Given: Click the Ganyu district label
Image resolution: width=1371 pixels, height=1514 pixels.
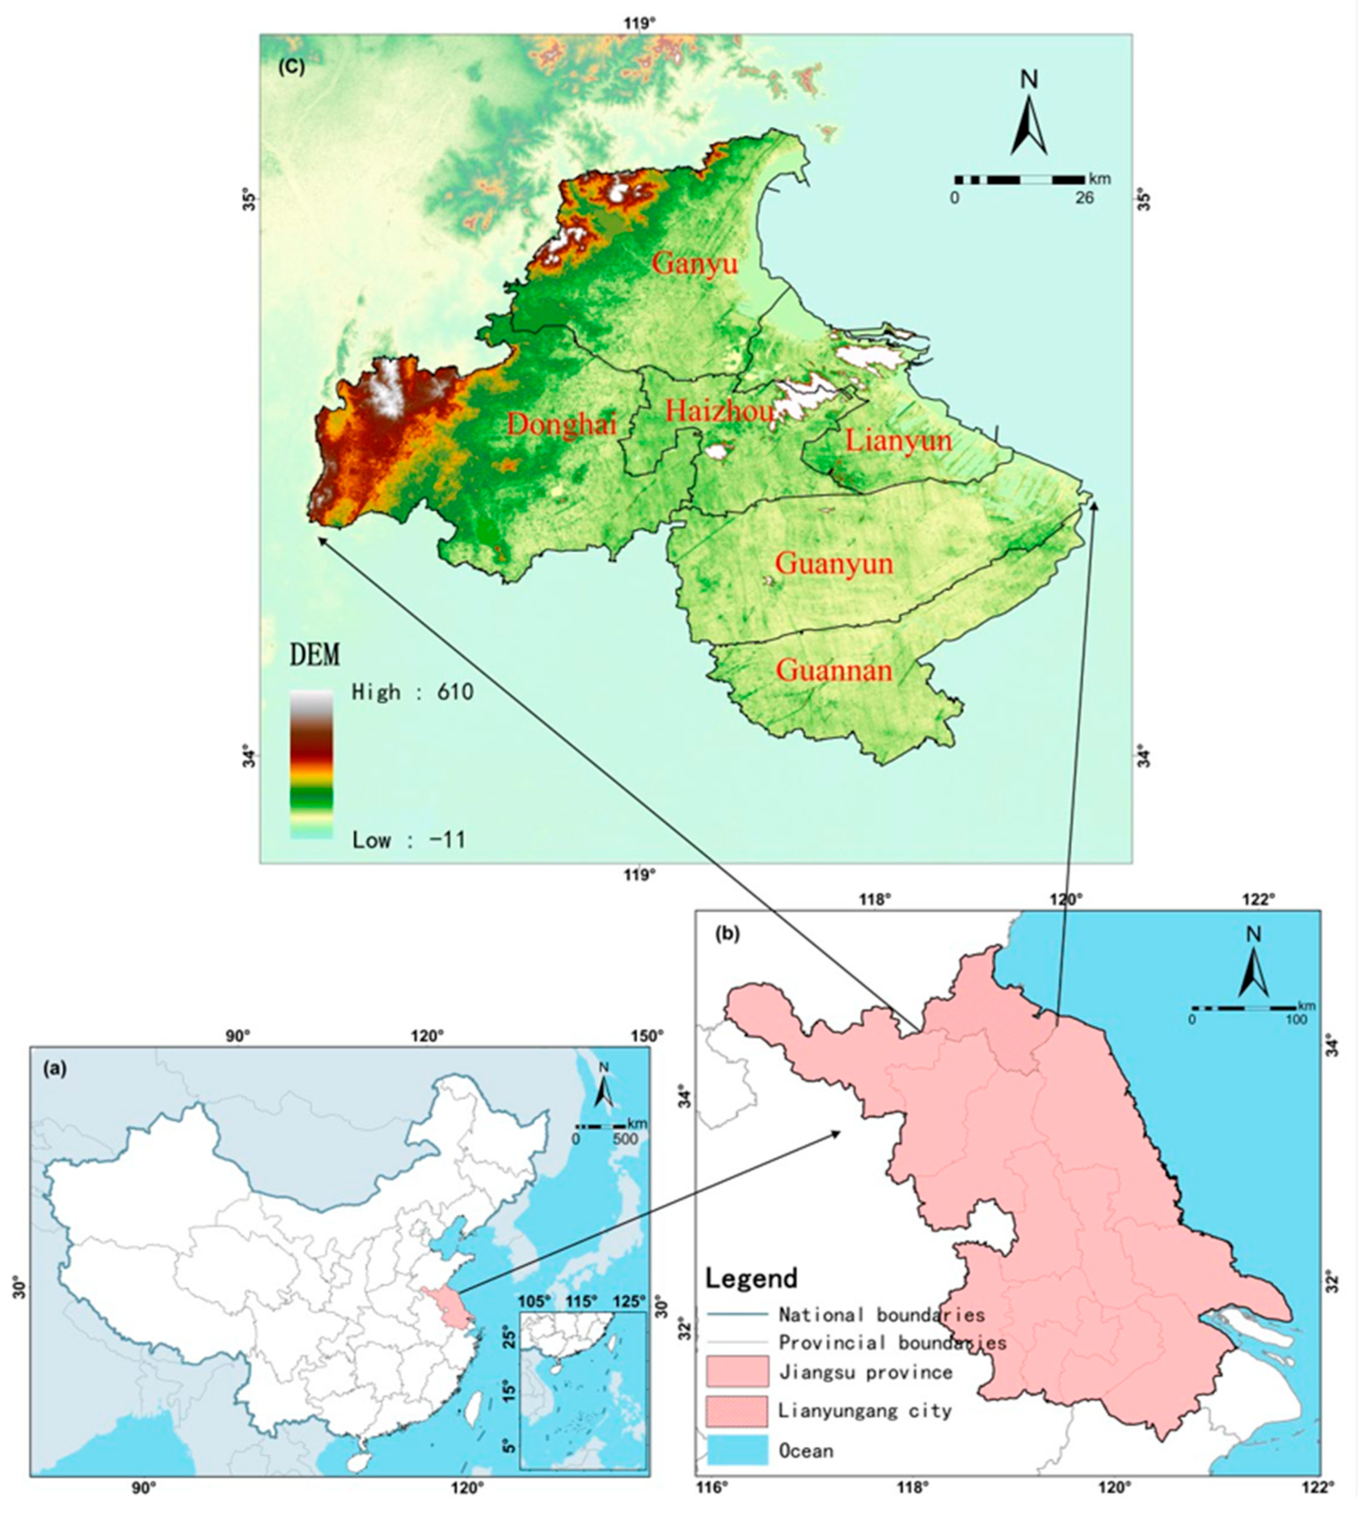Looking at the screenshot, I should [694, 264].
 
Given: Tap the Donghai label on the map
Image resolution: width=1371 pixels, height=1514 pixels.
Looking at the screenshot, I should [562, 425].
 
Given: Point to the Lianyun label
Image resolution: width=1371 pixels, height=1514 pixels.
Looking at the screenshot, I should [898, 440].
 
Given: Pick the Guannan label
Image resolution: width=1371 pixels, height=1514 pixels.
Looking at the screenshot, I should [834, 670].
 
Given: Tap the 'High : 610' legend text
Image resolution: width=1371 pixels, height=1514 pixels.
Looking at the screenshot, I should [413, 692].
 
